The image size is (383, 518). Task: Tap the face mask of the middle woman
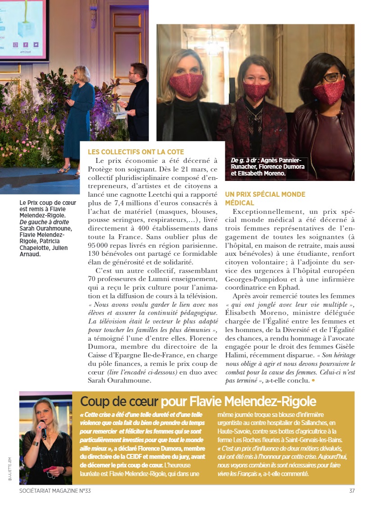coord(256,91)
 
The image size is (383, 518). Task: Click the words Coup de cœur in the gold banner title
coord(119,401)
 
